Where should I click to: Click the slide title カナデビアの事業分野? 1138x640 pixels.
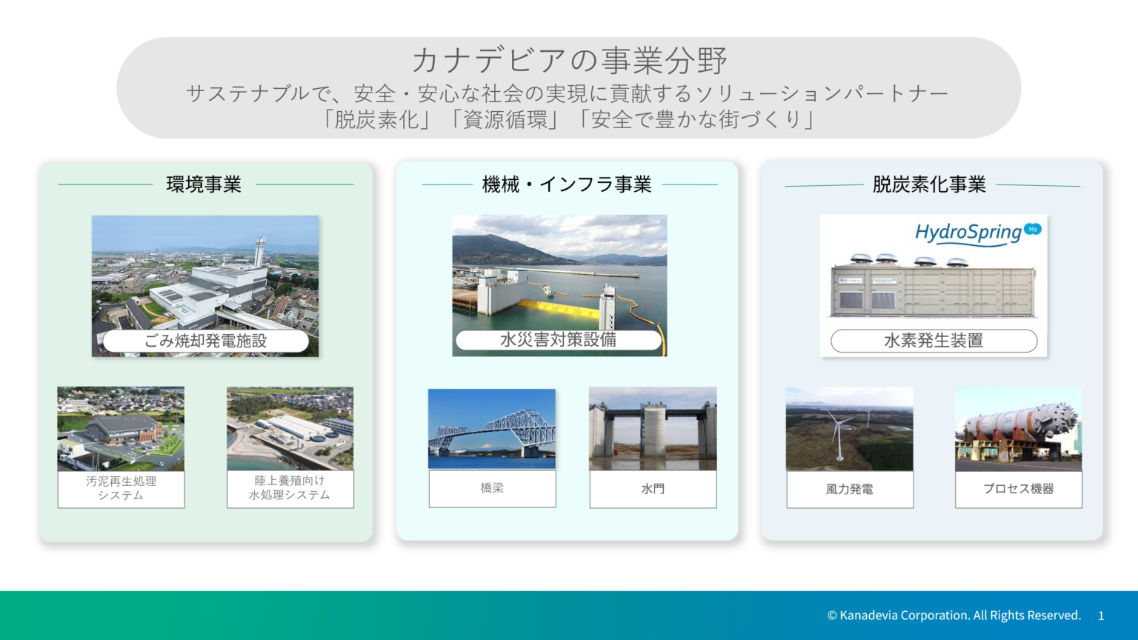click(x=569, y=60)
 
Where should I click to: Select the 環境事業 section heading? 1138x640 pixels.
click(x=204, y=184)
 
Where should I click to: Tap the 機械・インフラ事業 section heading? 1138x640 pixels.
click(x=567, y=184)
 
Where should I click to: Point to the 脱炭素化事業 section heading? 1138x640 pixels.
click(x=929, y=184)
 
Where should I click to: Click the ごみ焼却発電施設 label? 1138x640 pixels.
click(x=206, y=341)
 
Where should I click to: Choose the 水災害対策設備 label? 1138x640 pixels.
click(x=559, y=340)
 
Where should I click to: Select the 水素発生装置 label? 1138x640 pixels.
click(x=934, y=341)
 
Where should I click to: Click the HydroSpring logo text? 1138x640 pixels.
click(x=968, y=233)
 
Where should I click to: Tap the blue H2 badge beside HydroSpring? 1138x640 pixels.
click(x=1032, y=229)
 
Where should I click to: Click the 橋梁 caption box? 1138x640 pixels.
click(x=492, y=489)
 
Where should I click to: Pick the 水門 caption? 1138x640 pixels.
click(x=653, y=489)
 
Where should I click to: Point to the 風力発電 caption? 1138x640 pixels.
click(x=850, y=489)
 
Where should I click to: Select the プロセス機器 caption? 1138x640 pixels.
click(x=1019, y=489)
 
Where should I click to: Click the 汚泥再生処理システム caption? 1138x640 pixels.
click(x=121, y=489)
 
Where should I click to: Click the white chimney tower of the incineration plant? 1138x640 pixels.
click(x=259, y=253)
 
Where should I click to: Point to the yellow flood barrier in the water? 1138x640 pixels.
click(x=559, y=308)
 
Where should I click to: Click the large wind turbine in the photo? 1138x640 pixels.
click(x=838, y=433)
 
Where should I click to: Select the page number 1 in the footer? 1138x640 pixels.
click(x=1101, y=616)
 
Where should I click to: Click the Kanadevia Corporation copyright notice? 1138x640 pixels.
click(x=954, y=616)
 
